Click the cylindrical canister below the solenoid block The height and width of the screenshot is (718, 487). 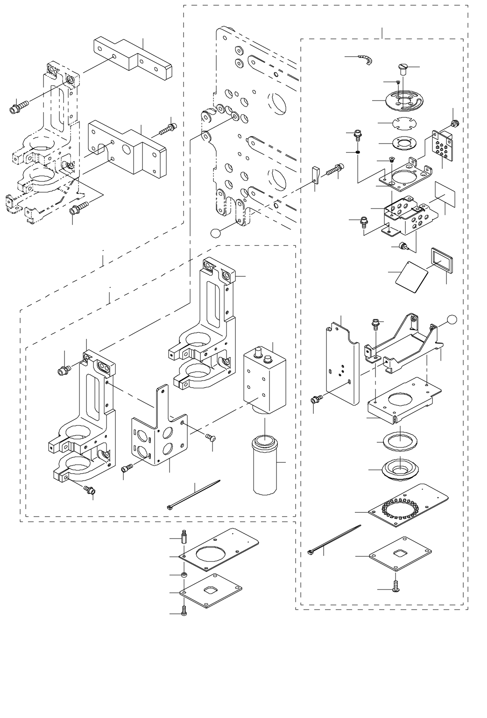(265, 465)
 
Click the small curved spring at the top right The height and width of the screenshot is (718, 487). (367, 60)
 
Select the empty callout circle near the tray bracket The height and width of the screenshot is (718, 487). (451, 319)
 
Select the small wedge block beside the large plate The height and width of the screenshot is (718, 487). (316, 173)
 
